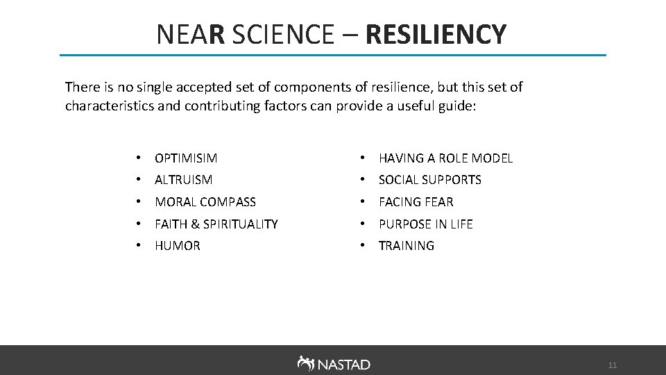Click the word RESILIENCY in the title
(x=436, y=34)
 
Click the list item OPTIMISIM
(x=186, y=158)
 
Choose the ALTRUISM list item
(x=184, y=180)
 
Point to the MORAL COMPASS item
(x=205, y=202)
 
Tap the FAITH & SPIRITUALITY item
(x=216, y=224)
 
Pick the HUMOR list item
(x=178, y=246)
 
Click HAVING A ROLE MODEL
(x=445, y=158)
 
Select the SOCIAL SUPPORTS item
(x=429, y=180)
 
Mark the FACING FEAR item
(x=416, y=202)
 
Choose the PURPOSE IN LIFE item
(x=425, y=224)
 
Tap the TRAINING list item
(x=407, y=246)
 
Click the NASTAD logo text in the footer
(x=344, y=365)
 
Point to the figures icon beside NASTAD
(x=305, y=363)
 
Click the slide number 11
(x=612, y=365)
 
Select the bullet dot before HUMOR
(x=140, y=246)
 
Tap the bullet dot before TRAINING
(x=364, y=246)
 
